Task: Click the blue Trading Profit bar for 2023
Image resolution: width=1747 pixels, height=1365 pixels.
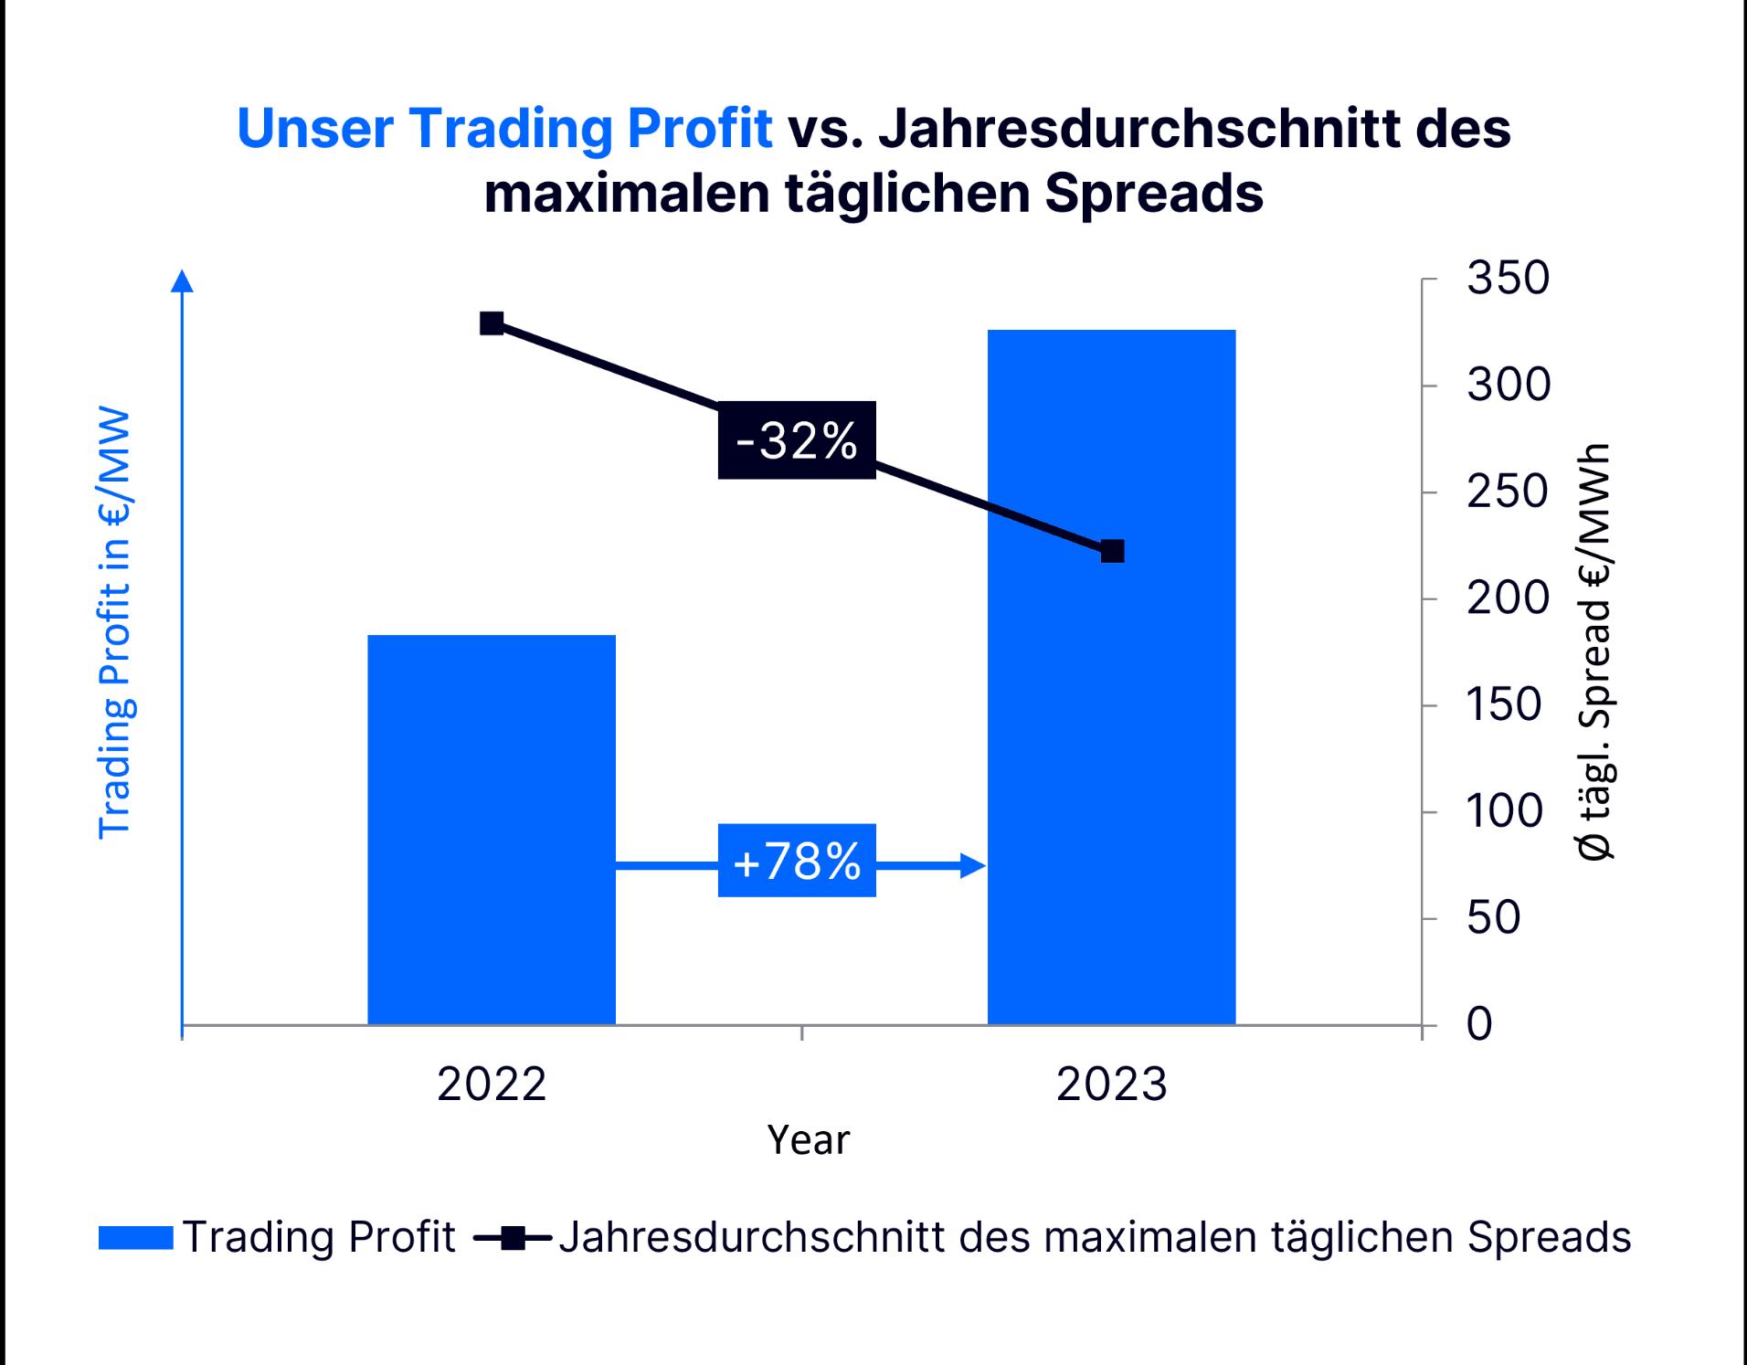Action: click(1111, 676)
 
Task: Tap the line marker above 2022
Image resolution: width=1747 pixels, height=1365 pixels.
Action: click(492, 323)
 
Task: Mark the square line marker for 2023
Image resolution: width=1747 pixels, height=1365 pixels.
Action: click(1112, 551)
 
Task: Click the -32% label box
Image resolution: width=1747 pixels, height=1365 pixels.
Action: click(797, 440)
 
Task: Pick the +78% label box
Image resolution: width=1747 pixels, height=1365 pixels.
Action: click(797, 861)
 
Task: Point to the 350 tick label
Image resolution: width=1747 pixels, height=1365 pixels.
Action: click(1508, 278)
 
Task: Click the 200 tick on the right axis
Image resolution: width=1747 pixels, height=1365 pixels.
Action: click(1508, 598)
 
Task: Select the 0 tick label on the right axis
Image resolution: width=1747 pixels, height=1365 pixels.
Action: click(1479, 1024)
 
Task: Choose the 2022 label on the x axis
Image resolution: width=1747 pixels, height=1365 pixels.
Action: click(492, 1085)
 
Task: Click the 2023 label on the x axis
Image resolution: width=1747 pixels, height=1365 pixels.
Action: click(1111, 1085)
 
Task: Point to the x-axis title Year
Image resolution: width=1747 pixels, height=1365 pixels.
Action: click(808, 1140)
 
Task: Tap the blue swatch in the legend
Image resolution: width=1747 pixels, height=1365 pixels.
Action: click(135, 1238)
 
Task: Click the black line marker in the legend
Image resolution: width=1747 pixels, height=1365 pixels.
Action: click(513, 1238)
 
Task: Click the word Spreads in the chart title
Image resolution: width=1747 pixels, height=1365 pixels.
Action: click(1154, 193)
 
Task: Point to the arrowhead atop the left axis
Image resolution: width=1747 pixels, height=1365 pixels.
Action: click(183, 280)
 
